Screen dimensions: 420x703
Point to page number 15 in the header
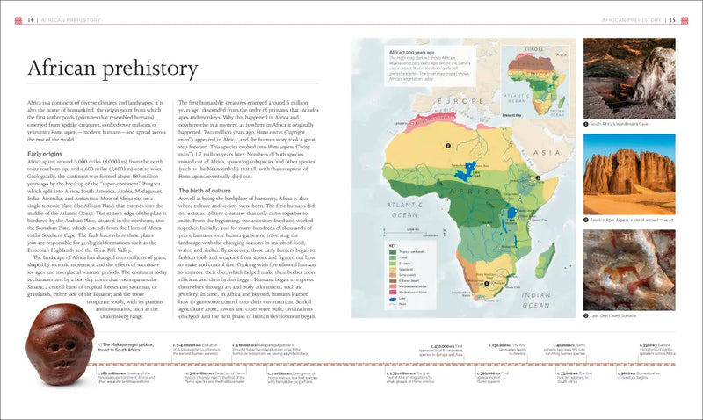672,19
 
